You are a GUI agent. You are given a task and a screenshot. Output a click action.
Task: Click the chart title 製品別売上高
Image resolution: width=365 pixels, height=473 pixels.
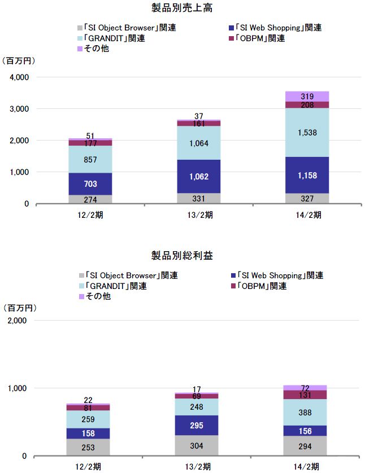pos(181,8)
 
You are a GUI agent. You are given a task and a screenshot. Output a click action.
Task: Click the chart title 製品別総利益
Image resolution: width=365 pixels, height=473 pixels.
pos(181,256)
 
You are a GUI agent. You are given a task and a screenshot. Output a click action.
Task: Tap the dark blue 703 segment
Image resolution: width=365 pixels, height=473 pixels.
pos(90,183)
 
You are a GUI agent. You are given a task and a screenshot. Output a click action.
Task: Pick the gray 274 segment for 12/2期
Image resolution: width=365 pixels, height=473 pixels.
pos(90,199)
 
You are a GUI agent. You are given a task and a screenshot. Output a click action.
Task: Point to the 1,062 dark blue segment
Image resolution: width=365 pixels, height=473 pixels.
pos(199,177)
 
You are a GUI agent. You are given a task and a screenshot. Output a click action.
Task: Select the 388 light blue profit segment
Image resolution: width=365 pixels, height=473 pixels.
pos(305,412)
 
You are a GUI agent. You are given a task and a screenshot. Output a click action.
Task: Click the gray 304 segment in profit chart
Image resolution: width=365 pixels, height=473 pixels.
pos(197,445)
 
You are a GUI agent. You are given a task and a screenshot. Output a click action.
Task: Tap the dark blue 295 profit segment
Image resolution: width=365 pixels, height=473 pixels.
pos(197,425)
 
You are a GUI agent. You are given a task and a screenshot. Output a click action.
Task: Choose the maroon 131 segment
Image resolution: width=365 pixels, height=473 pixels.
pos(305,395)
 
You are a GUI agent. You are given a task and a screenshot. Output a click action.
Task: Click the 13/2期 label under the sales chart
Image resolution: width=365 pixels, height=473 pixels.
pos(199,214)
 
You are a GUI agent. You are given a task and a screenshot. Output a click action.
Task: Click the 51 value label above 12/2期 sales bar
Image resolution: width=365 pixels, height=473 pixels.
pos(90,136)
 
